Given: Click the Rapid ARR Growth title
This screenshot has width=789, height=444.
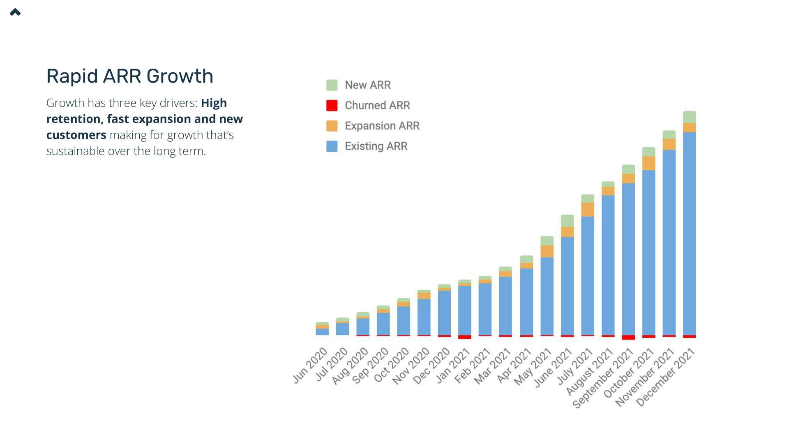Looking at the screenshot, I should pos(129,76).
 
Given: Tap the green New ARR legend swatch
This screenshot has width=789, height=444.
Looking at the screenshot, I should pos(332,85).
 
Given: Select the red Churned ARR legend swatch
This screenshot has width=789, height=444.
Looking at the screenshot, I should pos(332,106).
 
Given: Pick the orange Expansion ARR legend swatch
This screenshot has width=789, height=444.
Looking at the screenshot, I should pos(332,126).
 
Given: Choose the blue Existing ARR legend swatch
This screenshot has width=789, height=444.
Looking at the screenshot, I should pos(332,146).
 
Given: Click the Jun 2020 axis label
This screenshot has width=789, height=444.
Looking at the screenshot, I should pos(310,365).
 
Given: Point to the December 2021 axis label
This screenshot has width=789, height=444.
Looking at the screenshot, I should pos(666,377).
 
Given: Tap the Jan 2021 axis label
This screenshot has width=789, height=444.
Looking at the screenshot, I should pos(453,365).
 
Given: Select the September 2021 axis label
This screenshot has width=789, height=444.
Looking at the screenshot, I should pos(603,378).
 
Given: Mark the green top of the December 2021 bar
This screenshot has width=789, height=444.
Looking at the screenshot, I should pos(689,117).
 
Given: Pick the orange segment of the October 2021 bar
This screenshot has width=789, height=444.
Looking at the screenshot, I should pos(648,163).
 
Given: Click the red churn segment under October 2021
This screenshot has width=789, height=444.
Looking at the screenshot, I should pos(648,337).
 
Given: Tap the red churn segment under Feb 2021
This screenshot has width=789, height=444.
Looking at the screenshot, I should pos(485,336).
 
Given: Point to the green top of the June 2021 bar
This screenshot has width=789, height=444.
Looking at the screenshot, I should pos(567,220).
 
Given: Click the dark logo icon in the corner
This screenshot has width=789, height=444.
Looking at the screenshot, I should pos(15,12).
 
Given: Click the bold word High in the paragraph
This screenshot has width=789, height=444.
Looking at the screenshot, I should pos(214,103).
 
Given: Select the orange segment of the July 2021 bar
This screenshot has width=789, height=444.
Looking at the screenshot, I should pos(588,209).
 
